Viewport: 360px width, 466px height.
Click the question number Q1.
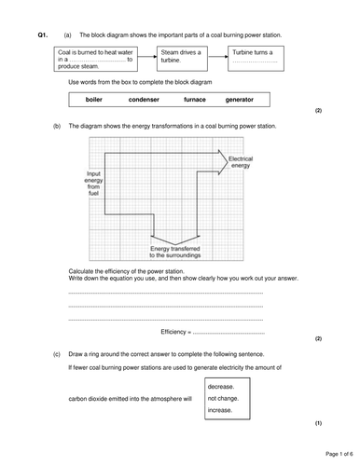point(42,34)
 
